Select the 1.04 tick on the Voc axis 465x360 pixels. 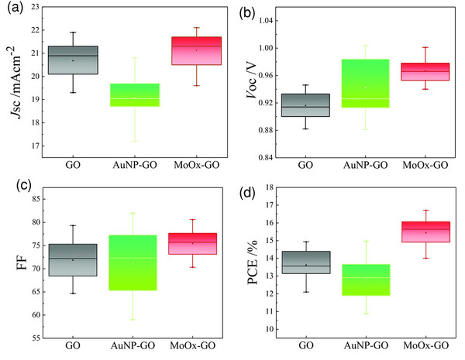pyautogui.click(x=270, y=21)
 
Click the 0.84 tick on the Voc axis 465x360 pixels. pyautogui.click(x=270, y=157)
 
